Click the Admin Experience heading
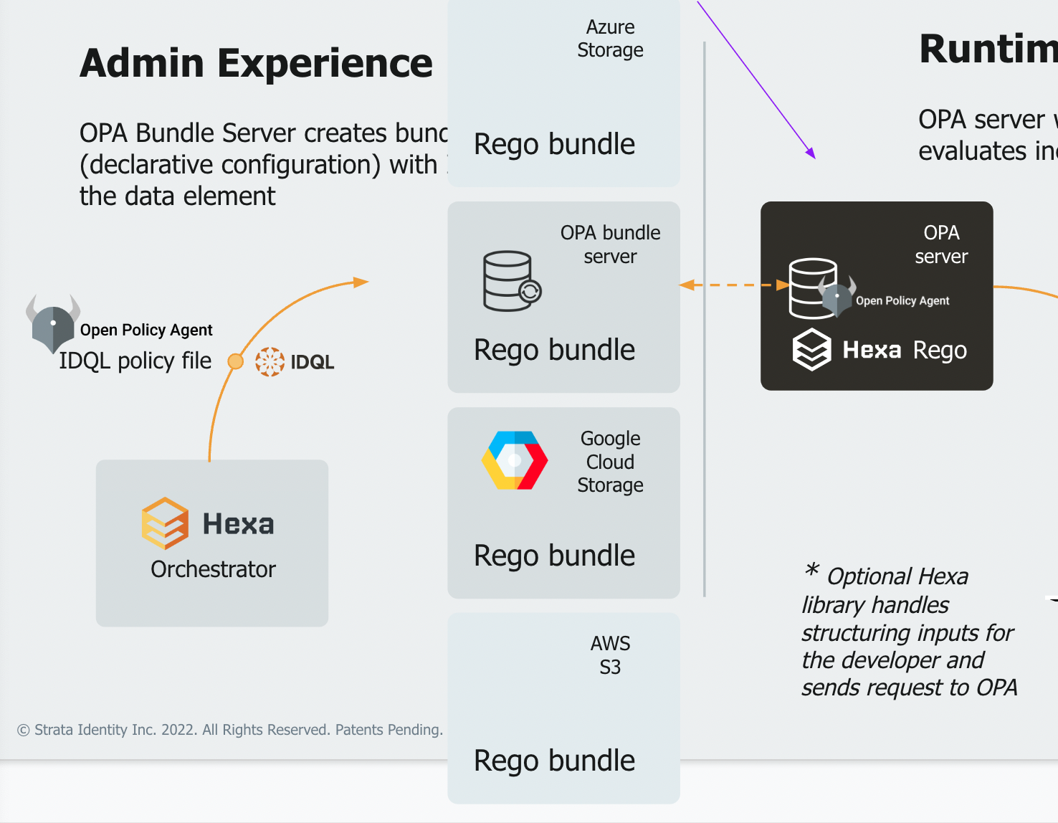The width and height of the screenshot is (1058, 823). click(x=256, y=63)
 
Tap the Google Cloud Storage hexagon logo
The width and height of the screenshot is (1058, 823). click(x=515, y=460)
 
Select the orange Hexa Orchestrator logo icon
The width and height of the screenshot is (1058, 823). click(x=165, y=523)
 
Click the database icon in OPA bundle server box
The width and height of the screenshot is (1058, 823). click(x=511, y=281)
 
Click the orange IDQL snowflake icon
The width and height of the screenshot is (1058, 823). click(x=270, y=362)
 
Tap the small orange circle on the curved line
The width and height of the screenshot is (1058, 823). click(x=235, y=361)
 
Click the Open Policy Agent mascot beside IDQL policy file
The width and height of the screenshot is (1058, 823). click(x=52, y=323)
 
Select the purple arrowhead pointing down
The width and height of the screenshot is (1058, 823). click(x=811, y=153)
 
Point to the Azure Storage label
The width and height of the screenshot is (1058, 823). click(x=610, y=39)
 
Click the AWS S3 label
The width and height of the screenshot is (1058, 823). click(x=610, y=655)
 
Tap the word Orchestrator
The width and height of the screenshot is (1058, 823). click(x=213, y=569)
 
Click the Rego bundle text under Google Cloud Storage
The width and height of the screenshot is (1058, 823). click(x=554, y=556)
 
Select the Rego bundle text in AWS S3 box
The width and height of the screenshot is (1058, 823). click(x=554, y=761)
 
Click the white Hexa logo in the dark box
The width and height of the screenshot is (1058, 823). click(x=811, y=350)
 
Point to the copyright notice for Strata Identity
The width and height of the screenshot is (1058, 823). click(x=230, y=730)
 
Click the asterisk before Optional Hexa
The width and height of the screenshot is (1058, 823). click(x=811, y=571)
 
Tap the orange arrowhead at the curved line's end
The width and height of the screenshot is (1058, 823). click(x=361, y=282)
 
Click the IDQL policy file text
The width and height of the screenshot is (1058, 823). click(x=135, y=361)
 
